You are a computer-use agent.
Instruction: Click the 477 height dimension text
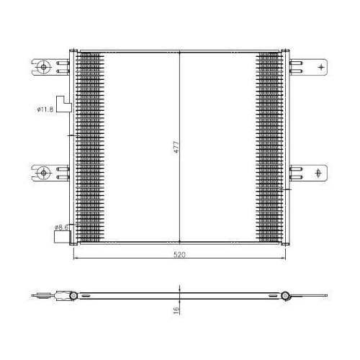176,147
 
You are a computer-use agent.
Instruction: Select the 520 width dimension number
179,255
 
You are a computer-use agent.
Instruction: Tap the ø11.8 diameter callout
45,109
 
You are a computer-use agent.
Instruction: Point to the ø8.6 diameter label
61,227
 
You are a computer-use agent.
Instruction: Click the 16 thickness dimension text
176,310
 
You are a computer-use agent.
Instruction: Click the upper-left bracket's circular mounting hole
43,67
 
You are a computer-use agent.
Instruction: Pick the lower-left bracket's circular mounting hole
43,173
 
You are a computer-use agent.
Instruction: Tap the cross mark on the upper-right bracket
321,67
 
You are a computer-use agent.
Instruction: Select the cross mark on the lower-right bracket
318,173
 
